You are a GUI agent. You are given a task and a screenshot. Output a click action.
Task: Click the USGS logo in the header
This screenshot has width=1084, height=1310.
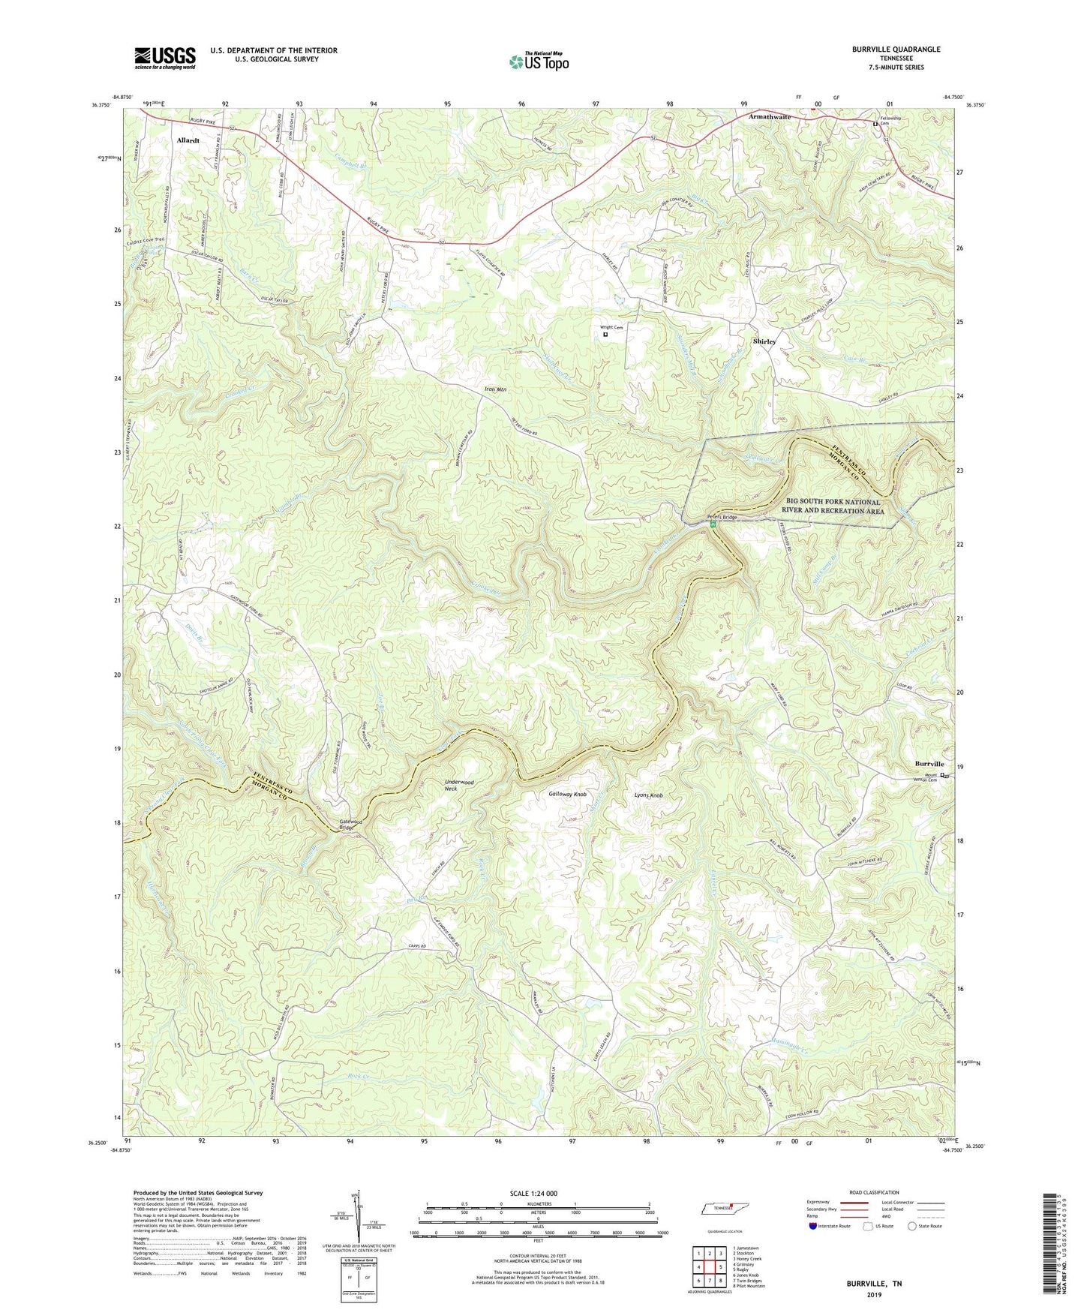pos(164,57)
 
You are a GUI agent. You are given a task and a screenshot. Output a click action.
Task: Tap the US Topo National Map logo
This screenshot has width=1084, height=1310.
pos(538,61)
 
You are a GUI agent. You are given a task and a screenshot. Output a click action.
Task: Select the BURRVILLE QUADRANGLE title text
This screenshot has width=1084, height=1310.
pos(896,50)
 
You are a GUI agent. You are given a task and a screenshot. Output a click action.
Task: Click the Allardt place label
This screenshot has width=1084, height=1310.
pos(188,140)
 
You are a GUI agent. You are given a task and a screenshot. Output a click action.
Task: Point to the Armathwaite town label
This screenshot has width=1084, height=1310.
pos(769,117)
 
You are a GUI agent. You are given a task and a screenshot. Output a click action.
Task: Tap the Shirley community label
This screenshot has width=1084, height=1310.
pos(764,341)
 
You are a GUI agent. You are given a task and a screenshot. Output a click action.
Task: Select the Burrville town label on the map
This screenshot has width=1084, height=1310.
pos(929,764)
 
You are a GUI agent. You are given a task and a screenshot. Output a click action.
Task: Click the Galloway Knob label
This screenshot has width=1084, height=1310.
pos(567,794)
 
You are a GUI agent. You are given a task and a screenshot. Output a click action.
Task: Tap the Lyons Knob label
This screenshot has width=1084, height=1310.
pos(649,795)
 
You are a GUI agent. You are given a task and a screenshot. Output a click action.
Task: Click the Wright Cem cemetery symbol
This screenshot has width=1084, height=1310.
pos(605,335)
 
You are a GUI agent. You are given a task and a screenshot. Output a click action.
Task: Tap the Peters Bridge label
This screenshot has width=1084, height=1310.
pos(721,518)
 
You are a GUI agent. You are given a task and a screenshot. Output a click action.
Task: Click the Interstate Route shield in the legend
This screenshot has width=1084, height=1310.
pos(813,1225)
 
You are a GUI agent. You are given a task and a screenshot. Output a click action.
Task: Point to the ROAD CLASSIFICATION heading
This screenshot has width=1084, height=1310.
pos(875,1192)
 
